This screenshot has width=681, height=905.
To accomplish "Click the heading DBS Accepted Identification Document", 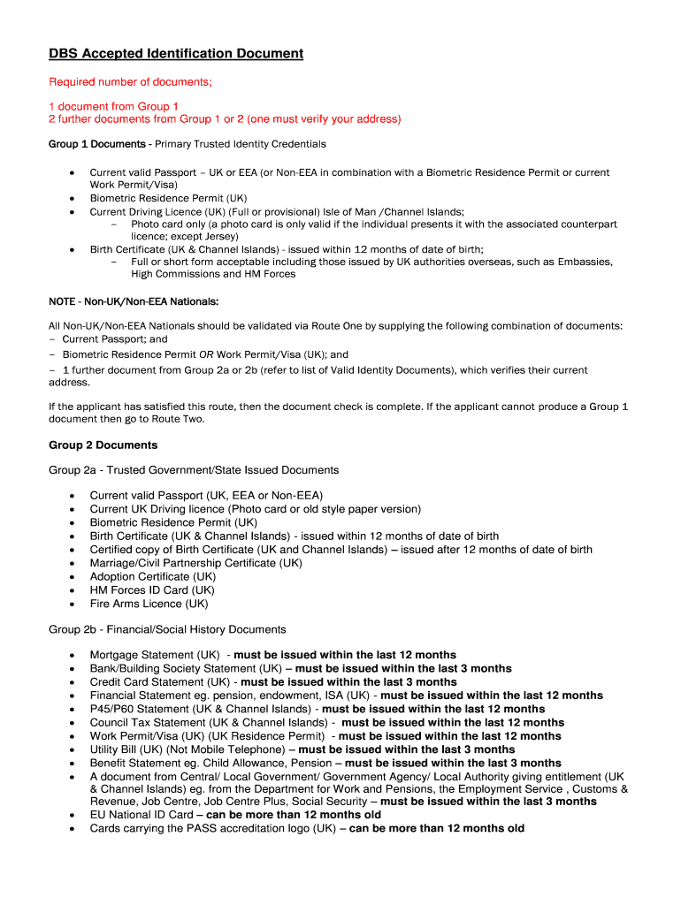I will coord(175,54).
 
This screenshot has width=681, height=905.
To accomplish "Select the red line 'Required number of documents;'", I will coord(130,82).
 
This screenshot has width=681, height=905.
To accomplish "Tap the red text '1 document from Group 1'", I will coord(113,106).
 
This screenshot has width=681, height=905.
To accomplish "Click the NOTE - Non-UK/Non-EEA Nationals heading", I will coord(134,301).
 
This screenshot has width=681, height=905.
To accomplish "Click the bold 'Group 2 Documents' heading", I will coord(103,445).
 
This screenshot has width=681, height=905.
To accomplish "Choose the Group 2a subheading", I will coord(193,470).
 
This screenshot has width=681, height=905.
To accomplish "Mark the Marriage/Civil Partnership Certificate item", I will coord(195,563).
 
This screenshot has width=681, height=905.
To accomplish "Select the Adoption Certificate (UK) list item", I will coord(152,576).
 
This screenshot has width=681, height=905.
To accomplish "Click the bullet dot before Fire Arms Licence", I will coord(71,605).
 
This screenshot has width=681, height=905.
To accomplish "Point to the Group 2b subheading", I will coord(166,629).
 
